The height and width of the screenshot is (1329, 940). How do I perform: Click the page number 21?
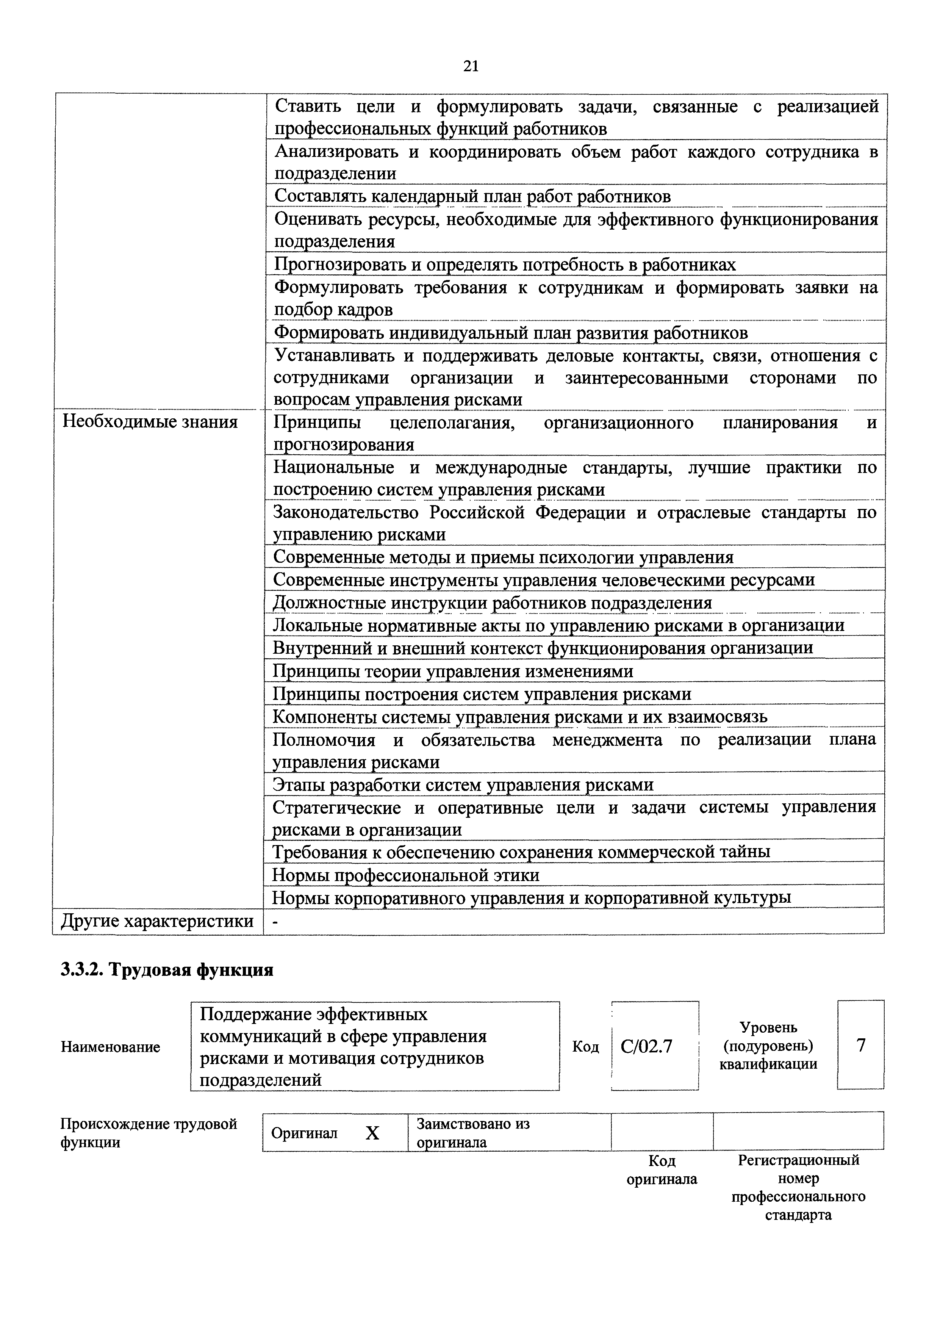pyautogui.click(x=471, y=67)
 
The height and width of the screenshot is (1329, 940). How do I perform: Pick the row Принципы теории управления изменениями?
pyautogui.click(x=453, y=671)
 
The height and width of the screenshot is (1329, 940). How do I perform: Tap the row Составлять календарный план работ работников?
pyautogui.click(x=472, y=196)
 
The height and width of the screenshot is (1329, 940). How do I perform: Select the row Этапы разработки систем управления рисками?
pyautogui.click(x=463, y=784)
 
